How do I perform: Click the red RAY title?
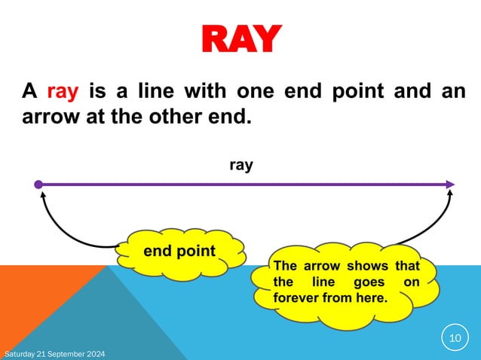pos(240,39)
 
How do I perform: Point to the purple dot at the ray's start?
pos(38,185)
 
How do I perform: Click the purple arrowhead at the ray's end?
pos(450,185)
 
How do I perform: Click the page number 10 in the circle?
pos(455,338)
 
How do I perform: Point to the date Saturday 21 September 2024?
pos(55,354)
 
